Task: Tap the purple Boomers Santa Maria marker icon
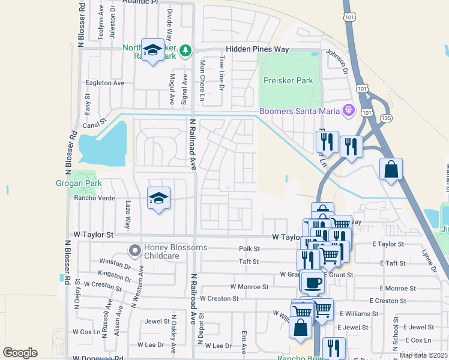[348, 110]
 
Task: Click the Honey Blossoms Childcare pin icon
[136, 249]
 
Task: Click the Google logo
[20, 352]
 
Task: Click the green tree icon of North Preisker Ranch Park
[187, 49]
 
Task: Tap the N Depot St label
[201, 327]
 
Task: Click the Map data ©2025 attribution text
[424, 355]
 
